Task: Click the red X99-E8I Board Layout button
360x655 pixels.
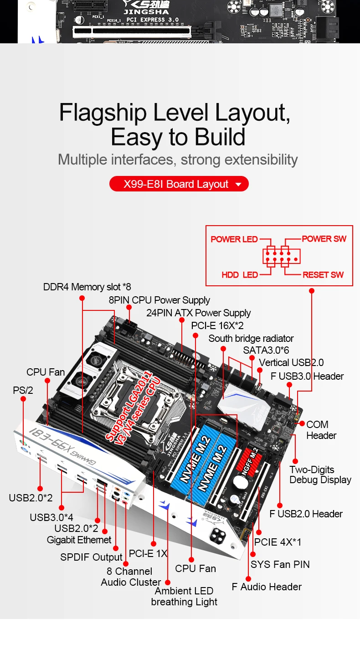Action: [x=179, y=184]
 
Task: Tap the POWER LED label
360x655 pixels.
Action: [x=234, y=239]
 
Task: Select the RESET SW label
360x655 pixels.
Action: [x=323, y=275]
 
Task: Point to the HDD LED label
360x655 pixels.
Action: [x=239, y=275]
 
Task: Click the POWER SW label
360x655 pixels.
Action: [x=324, y=239]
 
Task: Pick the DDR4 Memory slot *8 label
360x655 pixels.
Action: [x=87, y=287]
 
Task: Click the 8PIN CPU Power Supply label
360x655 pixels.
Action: [x=159, y=300]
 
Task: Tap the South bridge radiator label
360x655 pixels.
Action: [x=251, y=339]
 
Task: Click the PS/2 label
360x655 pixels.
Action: [x=23, y=391]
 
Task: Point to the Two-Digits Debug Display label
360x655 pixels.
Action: [x=320, y=474]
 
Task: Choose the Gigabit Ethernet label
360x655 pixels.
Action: [x=79, y=540]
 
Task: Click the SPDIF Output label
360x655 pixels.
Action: [x=91, y=557]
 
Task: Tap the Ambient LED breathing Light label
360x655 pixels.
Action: [x=184, y=596]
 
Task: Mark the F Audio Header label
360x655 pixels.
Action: [x=266, y=587]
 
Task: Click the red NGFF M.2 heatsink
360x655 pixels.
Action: [x=252, y=460]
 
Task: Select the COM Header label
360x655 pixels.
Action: [x=321, y=430]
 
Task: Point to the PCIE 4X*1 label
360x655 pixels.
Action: [x=278, y=542]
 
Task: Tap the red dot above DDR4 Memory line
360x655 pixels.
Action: [x=82, y=298]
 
